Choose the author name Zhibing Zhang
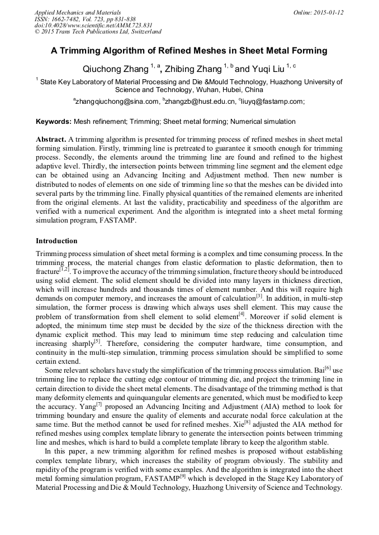193,69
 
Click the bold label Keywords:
54,122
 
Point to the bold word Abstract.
50,138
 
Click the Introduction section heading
56,241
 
